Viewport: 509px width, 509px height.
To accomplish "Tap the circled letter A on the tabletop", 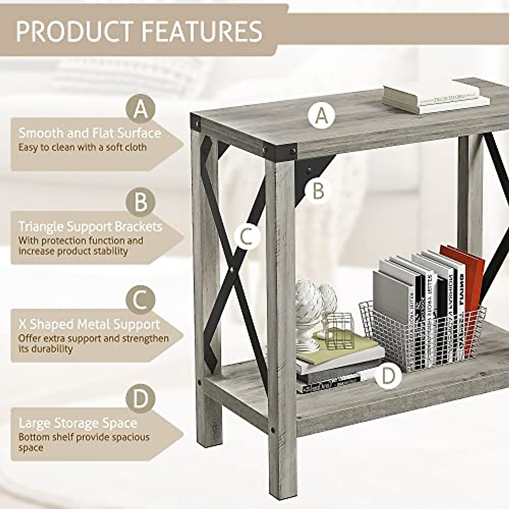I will (x=322, y=115).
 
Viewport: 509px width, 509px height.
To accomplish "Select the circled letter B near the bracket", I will (x=318, y=191).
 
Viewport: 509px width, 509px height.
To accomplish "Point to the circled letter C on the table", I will (x=247, y=236).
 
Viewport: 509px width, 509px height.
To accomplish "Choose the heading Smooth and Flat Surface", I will (x=90, y=133).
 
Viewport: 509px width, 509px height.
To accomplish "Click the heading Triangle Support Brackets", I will (x=90, y=227).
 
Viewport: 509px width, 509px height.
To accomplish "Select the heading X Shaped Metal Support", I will (x=89, y=324).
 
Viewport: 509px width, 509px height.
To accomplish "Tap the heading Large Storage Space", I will (x=78, y=423).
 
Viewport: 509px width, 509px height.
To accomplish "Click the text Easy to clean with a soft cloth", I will (x=82, y=148).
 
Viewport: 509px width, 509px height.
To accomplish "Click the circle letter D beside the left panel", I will (x=141, y=399).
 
